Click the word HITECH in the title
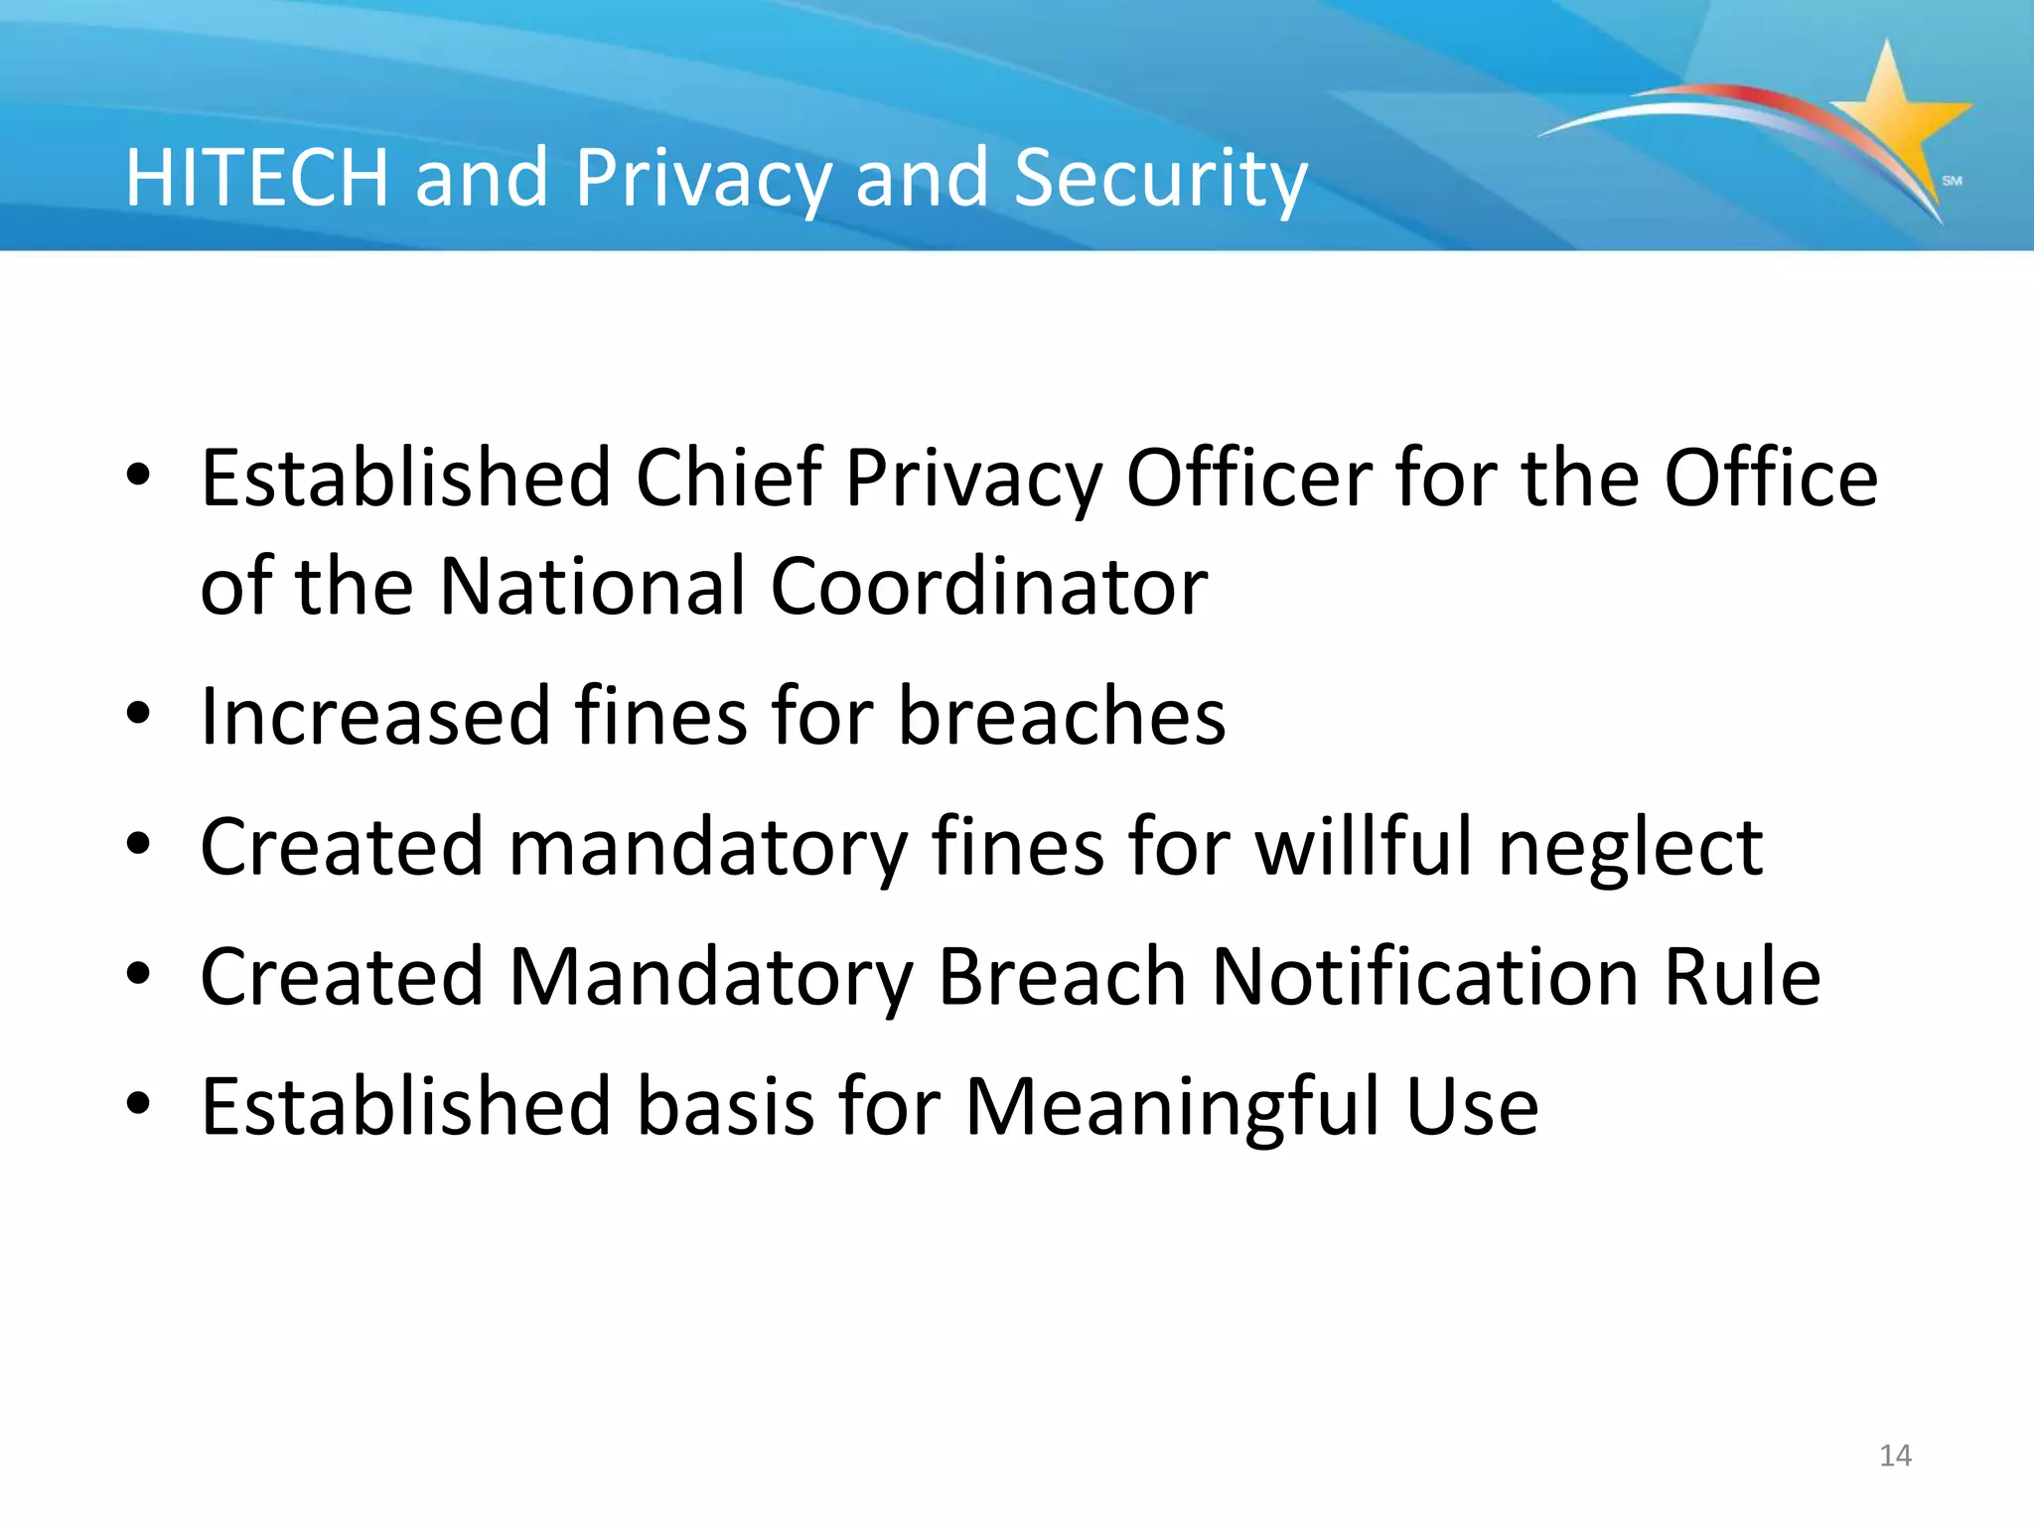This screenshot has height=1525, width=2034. tap(256, 178)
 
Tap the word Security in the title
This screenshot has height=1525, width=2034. tap(1160, 180)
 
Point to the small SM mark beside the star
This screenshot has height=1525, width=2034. tap(1952, 181)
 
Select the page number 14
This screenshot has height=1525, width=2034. tap(1895, 1456)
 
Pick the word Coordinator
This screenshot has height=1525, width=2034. tap(988, 587)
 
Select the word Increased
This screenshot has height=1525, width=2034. tap(375, 716)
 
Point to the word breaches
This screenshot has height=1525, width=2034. tap(1062, 716)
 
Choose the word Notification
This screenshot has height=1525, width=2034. tap(1425, 977)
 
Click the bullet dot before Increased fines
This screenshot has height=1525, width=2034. tap(139, 714)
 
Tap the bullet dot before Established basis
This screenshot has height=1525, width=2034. tap(139, 1103)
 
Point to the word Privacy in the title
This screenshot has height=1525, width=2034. tap(702, 180)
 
